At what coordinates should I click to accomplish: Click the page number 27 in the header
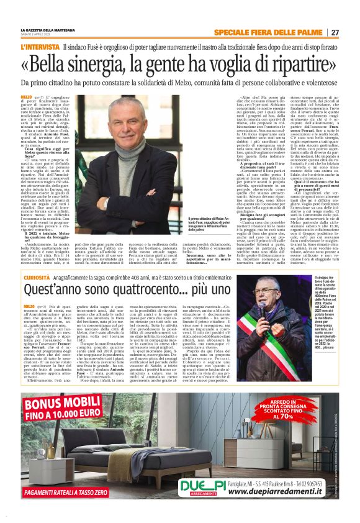[x=335, y=32]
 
